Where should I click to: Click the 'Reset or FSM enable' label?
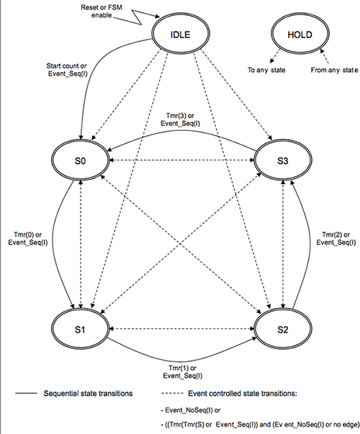102,11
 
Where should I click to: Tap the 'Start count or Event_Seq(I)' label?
67,70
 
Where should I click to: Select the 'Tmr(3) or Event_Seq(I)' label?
180,119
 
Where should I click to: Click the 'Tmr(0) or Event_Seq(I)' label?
27,238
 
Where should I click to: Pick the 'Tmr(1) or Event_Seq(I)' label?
182,371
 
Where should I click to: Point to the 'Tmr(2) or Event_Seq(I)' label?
336,238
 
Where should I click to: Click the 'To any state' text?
266,70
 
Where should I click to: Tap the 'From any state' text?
334,70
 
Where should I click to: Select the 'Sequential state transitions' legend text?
88,393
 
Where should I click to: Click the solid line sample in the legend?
26,393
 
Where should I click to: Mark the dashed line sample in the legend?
172,393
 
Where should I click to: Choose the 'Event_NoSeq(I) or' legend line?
191,410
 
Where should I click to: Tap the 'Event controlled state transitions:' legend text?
243,393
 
